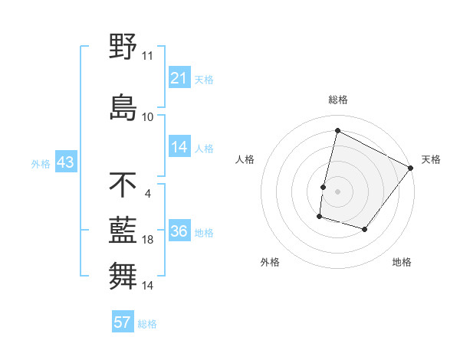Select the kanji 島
click(123, 106)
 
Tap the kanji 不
click(123, 185)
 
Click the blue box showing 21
click(179, 77)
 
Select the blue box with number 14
click(179, 148)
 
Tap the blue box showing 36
click(179, 232)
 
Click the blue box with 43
click(65, 162)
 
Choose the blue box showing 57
click(122, 322)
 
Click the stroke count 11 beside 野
click(147, 56)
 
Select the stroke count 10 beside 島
click(147, 116)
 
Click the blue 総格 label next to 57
click(147, 324)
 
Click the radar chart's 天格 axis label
click(431, 159)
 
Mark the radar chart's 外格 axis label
click(270, 262)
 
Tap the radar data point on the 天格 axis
click(411, 168)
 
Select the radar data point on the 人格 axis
click(324, 187)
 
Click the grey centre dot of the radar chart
click(337, 191)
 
